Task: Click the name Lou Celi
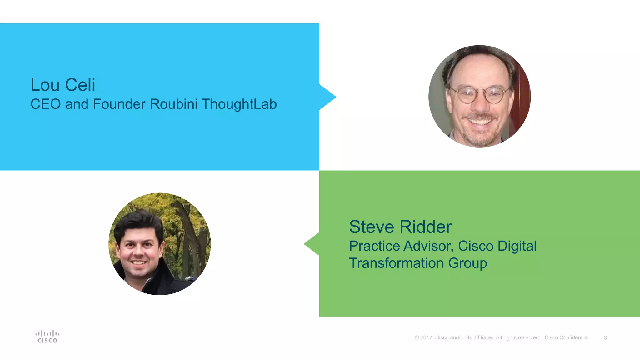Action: click(62, 85)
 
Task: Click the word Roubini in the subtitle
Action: click(173, 104)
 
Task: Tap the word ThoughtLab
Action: click(239, 104)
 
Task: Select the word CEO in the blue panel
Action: click(45, 104)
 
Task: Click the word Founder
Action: click(119, 104)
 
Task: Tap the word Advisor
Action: click(428, 246)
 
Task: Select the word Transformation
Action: click(396, 263)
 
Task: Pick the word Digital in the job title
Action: click(517, 246)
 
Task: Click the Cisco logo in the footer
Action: click(47, 337)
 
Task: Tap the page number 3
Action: click(605, 338)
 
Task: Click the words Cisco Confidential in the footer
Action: click(566, 338)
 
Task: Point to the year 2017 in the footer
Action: click(426, 338)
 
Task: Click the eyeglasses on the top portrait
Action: click(479, 94)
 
